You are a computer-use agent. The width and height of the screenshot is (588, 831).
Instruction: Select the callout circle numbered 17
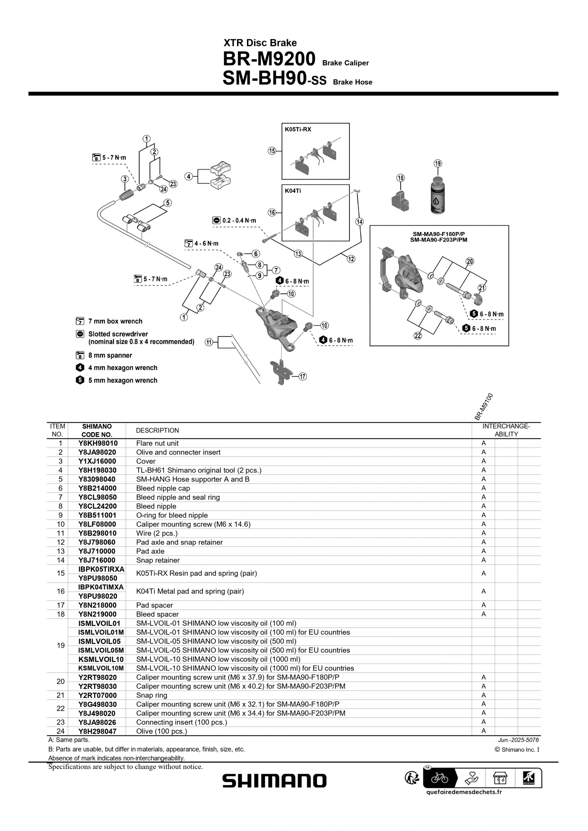(x=302, y=376)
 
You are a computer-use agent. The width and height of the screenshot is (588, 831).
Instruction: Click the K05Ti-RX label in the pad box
(x=298, y=129)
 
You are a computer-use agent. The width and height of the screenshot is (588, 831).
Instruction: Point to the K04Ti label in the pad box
(x=293, y=191)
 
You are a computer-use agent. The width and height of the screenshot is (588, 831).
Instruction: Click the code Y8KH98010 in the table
(x=98, y=443)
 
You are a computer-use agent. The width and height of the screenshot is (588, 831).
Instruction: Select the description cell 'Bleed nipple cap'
(x=163, y=488)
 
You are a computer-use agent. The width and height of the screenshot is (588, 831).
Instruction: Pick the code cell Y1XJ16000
(x=97, y=461)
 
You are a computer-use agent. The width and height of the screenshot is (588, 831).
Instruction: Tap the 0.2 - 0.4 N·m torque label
(x=239, y=220)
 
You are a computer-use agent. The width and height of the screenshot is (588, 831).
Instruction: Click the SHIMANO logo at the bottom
(x=274, y=781)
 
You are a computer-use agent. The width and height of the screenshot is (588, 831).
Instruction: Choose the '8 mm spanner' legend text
(x=110, y=355)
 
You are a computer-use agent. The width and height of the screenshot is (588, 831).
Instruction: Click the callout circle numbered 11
(x=209, y=342)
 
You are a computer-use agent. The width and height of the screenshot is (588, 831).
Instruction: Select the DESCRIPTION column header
(x=157, y=430)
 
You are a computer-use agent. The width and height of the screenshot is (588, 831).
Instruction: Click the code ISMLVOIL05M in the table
(x=101, y=650)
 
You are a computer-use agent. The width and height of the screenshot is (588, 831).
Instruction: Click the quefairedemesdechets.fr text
(x=464, y=792)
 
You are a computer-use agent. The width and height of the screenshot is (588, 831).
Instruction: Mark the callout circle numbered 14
(x=359, y=221)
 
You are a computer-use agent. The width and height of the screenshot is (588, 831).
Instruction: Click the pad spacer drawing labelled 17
(x=281, y=372)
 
